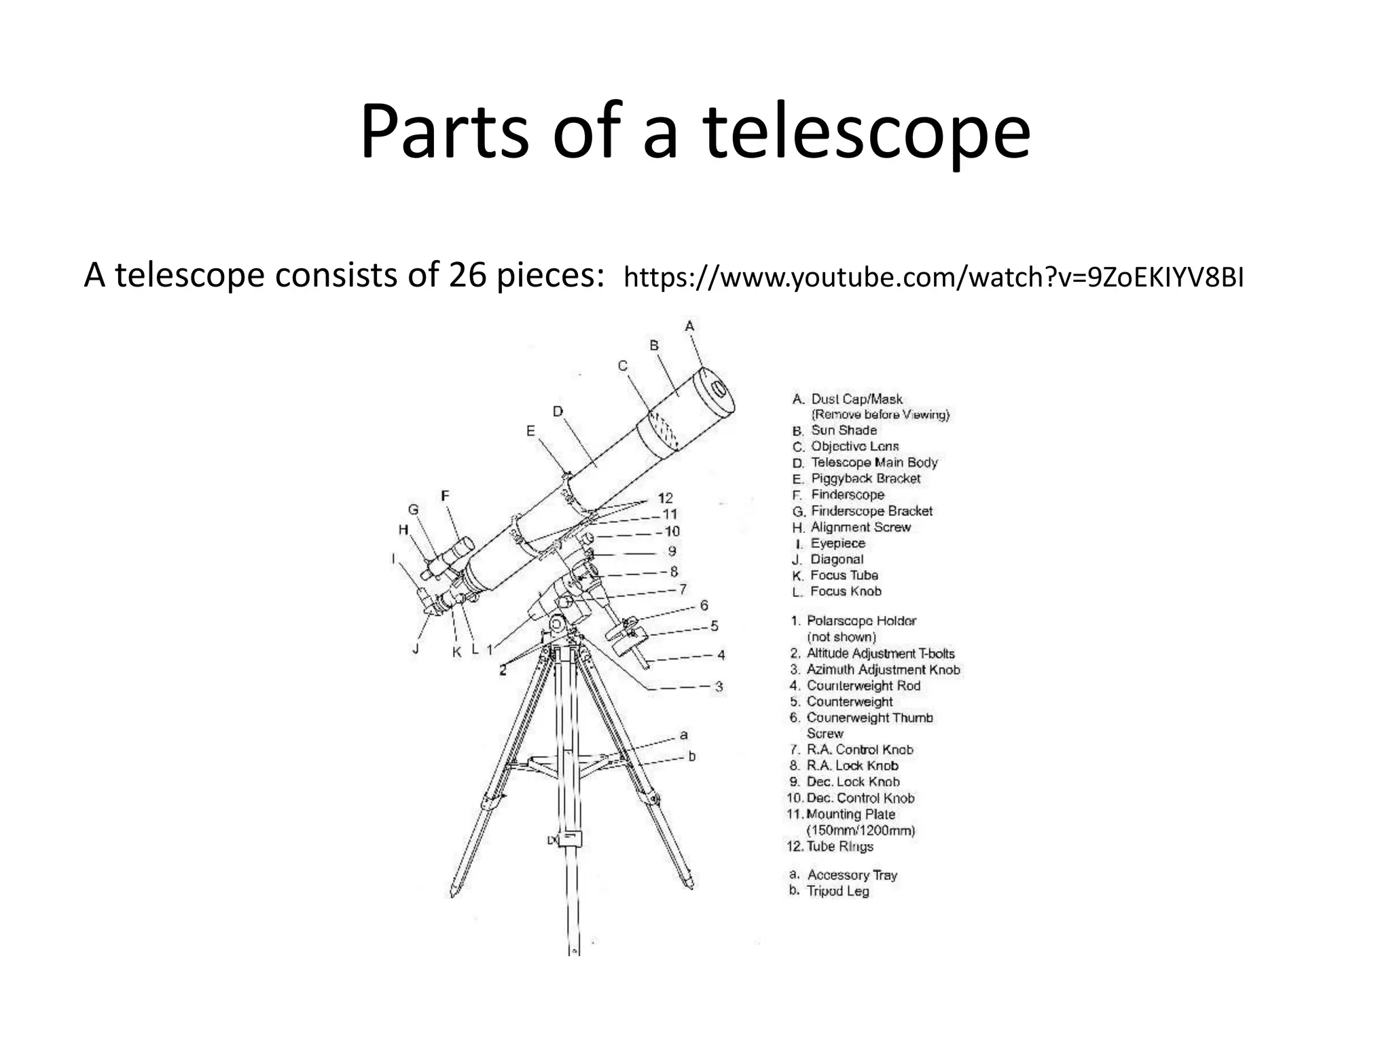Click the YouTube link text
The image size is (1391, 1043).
point(934,278)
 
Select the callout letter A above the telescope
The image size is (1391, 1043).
point(689,327)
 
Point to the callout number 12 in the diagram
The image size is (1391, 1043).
point(665,498)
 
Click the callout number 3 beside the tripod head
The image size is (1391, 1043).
point(719,687)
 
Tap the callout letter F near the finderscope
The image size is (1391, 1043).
point(445,496)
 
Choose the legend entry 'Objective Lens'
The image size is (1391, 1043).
point(854,446)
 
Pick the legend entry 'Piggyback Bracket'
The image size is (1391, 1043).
point(865,478)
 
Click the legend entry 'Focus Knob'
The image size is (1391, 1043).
point(846,591)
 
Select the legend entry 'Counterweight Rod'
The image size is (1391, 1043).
point(863,685)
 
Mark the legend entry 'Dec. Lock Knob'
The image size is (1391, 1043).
point(852,782)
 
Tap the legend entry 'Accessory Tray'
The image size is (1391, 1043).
point(852,875)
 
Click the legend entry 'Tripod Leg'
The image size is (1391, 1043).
point(837,891)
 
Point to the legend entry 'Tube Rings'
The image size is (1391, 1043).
point(839,846)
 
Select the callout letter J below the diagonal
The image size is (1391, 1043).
point(416,648)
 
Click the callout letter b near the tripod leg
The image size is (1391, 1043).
point(691,756)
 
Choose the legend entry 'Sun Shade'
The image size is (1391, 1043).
point(844,430)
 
